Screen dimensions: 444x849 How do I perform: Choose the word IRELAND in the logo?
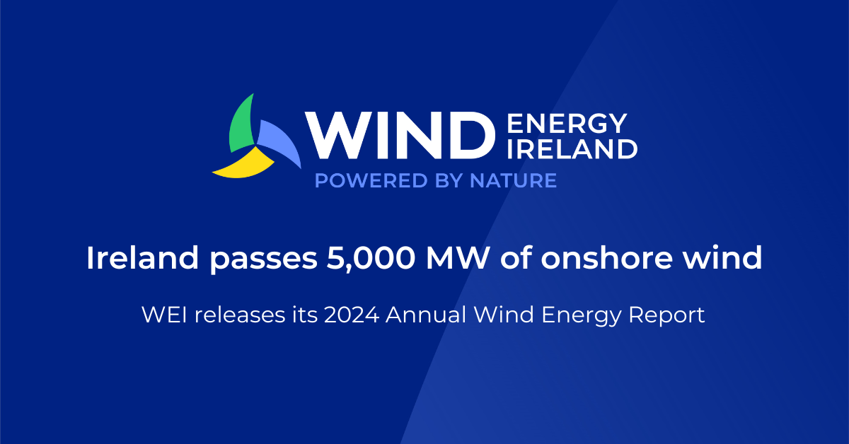(572, 149)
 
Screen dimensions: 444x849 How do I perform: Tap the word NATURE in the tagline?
(513, 181)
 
